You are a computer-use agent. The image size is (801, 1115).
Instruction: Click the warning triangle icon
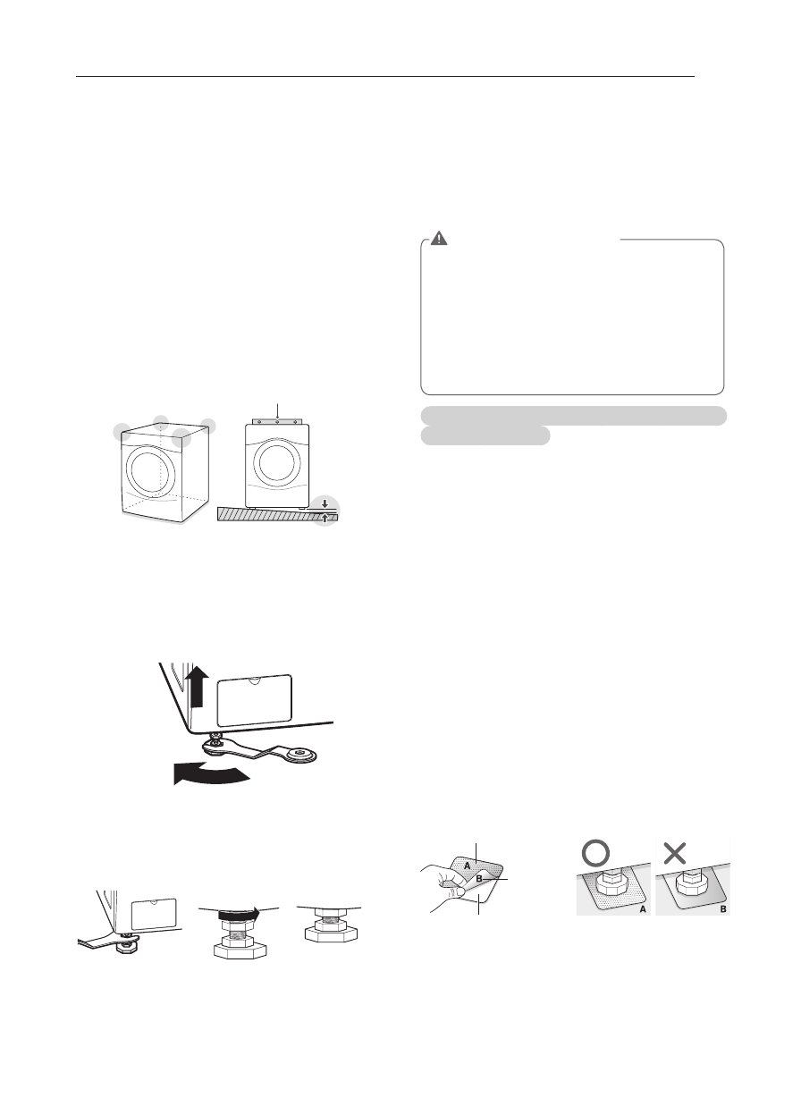click(439, 239)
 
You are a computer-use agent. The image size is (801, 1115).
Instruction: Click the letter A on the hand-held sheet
click(468, 865)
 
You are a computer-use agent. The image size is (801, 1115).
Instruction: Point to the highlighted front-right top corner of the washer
click(182, 437)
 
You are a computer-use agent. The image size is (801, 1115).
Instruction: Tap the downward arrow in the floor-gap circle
click(325, 504)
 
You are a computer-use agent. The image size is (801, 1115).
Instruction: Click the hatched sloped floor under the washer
click(268, 514)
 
